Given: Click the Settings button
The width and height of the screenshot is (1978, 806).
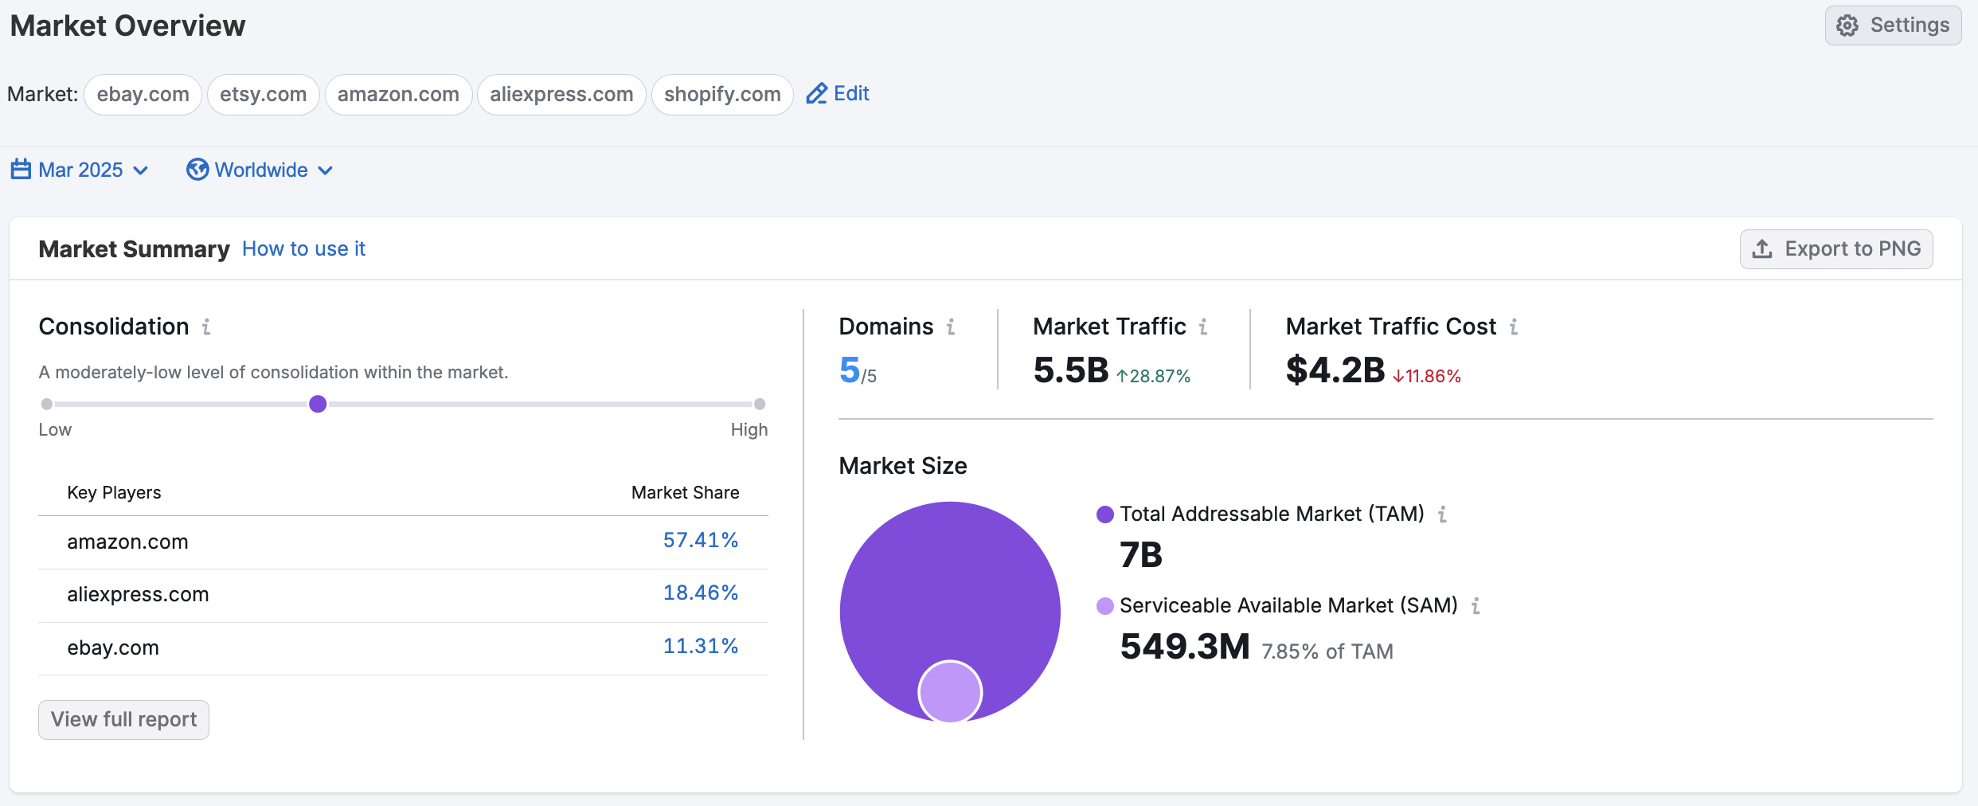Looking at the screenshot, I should (x=1893, y=25).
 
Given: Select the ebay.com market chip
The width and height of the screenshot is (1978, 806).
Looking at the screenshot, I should (x=143, y=95).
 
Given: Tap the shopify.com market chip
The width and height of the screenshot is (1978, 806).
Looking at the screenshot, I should (x=721, y=95).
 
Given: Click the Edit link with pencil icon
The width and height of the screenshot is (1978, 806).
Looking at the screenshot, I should (x=838, y=94).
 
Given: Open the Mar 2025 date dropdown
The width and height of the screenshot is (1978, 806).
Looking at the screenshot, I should (x=80, y=170).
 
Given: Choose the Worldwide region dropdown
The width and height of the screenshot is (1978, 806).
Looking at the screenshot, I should (x=260, y=170).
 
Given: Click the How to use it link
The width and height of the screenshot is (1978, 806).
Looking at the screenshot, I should (x=303, y=249).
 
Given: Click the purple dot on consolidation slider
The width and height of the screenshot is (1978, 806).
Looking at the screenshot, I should (x=318, y=404).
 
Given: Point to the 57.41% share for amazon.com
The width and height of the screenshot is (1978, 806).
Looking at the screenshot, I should (x=700, y=541).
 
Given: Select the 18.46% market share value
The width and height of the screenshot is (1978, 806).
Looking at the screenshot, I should (x=700, y=593).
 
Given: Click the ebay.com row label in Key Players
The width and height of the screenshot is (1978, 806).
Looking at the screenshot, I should (x=113, y=648).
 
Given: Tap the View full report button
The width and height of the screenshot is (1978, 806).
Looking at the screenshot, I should (x=123, y=720).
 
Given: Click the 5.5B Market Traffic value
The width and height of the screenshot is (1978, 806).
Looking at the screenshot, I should (x=1070, y=371).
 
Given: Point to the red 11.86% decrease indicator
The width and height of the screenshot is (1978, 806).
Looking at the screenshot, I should (x=1427, y=376).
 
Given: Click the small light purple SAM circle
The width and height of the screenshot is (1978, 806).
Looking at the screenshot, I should (x=950, y=691).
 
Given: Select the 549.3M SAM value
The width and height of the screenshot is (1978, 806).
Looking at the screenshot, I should (x=1184, y=647).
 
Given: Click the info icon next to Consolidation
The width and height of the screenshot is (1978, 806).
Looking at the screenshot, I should (x=206, y=327).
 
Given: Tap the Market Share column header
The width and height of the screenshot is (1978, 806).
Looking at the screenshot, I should (x=685, y=493).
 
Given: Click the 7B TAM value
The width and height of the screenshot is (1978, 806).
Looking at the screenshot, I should (x=1140, y=555).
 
